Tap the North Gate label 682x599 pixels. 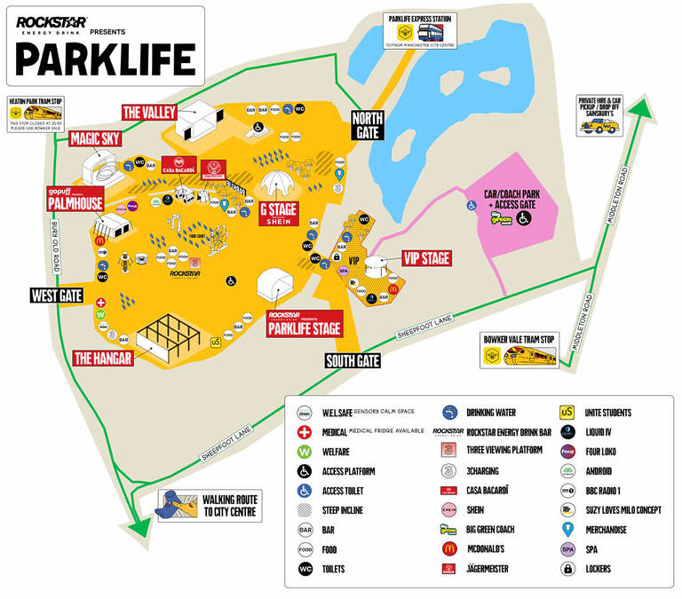pos(366,125)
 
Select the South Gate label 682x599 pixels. pos(352,361)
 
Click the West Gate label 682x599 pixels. pos(57,295)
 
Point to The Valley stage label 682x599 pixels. pos(149,112)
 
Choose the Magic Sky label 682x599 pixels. pos(95,139)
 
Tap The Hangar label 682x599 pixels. pos(103,359)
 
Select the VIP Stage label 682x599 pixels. pos(425,258)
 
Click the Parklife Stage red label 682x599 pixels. pos(304,325)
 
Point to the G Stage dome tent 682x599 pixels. pos(277,185)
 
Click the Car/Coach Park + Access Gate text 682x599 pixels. pos(513,200)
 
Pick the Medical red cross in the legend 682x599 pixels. pos(305,432)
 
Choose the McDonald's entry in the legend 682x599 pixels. pos(448,549)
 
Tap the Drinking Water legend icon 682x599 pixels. pos(448,413)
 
